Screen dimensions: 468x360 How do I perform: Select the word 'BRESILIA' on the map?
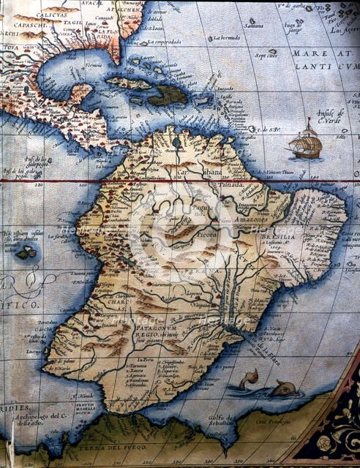coord(306,238)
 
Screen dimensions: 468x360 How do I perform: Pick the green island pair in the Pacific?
coord(27,253)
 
